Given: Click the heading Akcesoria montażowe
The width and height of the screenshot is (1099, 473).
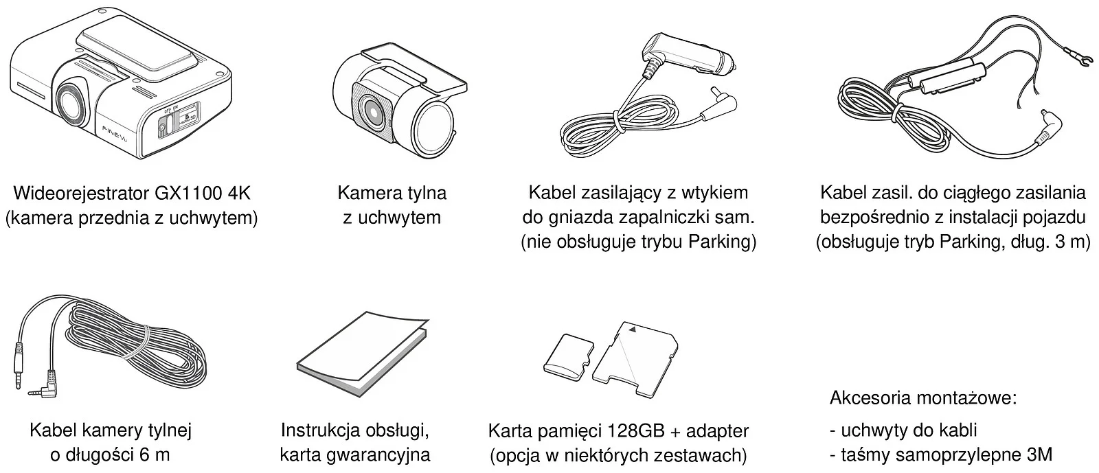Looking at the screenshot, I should pos(923,398).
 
